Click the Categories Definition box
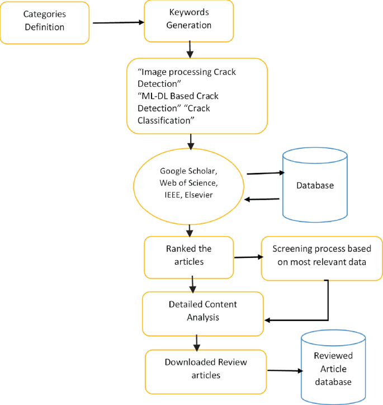(45, 22)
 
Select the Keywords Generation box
(188, 21)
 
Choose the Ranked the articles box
(188, 255)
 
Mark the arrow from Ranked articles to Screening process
(248, 257)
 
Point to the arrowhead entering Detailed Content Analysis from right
(268, 320)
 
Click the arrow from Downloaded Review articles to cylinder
(285, 370)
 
